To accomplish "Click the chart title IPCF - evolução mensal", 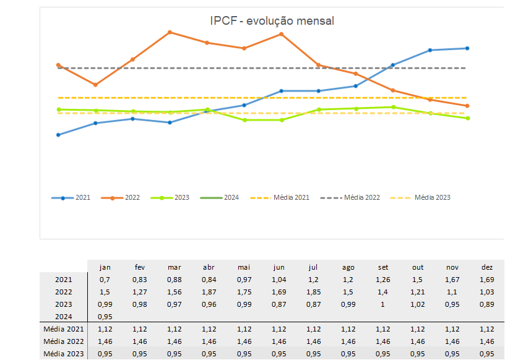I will (x=272, y=21).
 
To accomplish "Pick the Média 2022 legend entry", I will (x=350, y=198).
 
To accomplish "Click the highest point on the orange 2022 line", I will (x=170, y=32).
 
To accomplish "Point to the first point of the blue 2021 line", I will (x=58, y=135).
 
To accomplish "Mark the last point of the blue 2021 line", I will (x=467, y=48).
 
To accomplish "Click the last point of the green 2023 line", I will (x=467, y=118).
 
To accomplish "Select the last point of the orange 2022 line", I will (x=467, y=106).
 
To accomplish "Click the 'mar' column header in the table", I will (x=175, y=267).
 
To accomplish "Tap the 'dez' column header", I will (x=487, y=267).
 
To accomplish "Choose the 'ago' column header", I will (x=348, y=267).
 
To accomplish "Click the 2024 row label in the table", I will (x=64, y=317).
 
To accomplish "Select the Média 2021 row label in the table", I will (x=64, y=329).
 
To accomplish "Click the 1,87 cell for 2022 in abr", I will (x=209, y=292).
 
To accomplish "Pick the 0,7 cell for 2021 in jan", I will (x=105, y=280).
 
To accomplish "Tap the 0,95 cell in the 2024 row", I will (x=105, y=317).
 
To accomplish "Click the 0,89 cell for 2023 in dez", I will (x=487, y=304).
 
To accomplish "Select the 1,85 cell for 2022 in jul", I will (x=314, y=292).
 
